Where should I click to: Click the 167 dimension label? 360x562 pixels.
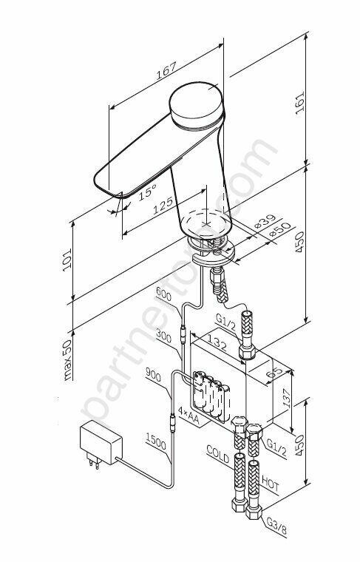pos(166,71)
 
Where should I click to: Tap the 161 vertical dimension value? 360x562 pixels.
pos(300,103)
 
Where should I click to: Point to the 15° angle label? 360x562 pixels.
pos(148,192)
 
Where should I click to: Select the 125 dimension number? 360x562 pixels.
pos(163,206)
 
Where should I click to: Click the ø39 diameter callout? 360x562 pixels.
pos(265,222)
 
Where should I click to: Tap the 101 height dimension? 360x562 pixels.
pos(67,260)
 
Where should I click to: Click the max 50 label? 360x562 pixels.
pos(67,359)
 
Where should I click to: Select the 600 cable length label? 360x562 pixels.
pos(163,295)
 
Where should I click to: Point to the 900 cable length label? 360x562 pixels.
pos(153,376)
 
